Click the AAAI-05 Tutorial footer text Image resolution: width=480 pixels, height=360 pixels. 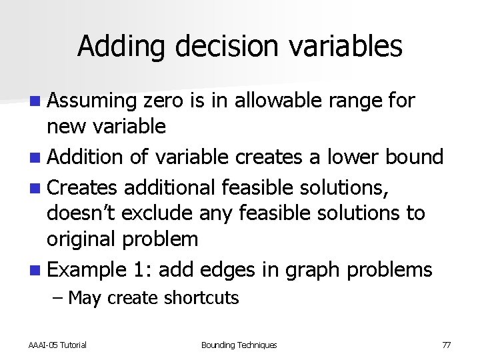[57, 345]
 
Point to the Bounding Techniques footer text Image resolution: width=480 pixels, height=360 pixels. [239, 345]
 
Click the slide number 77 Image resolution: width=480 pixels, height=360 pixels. [446, 345]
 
